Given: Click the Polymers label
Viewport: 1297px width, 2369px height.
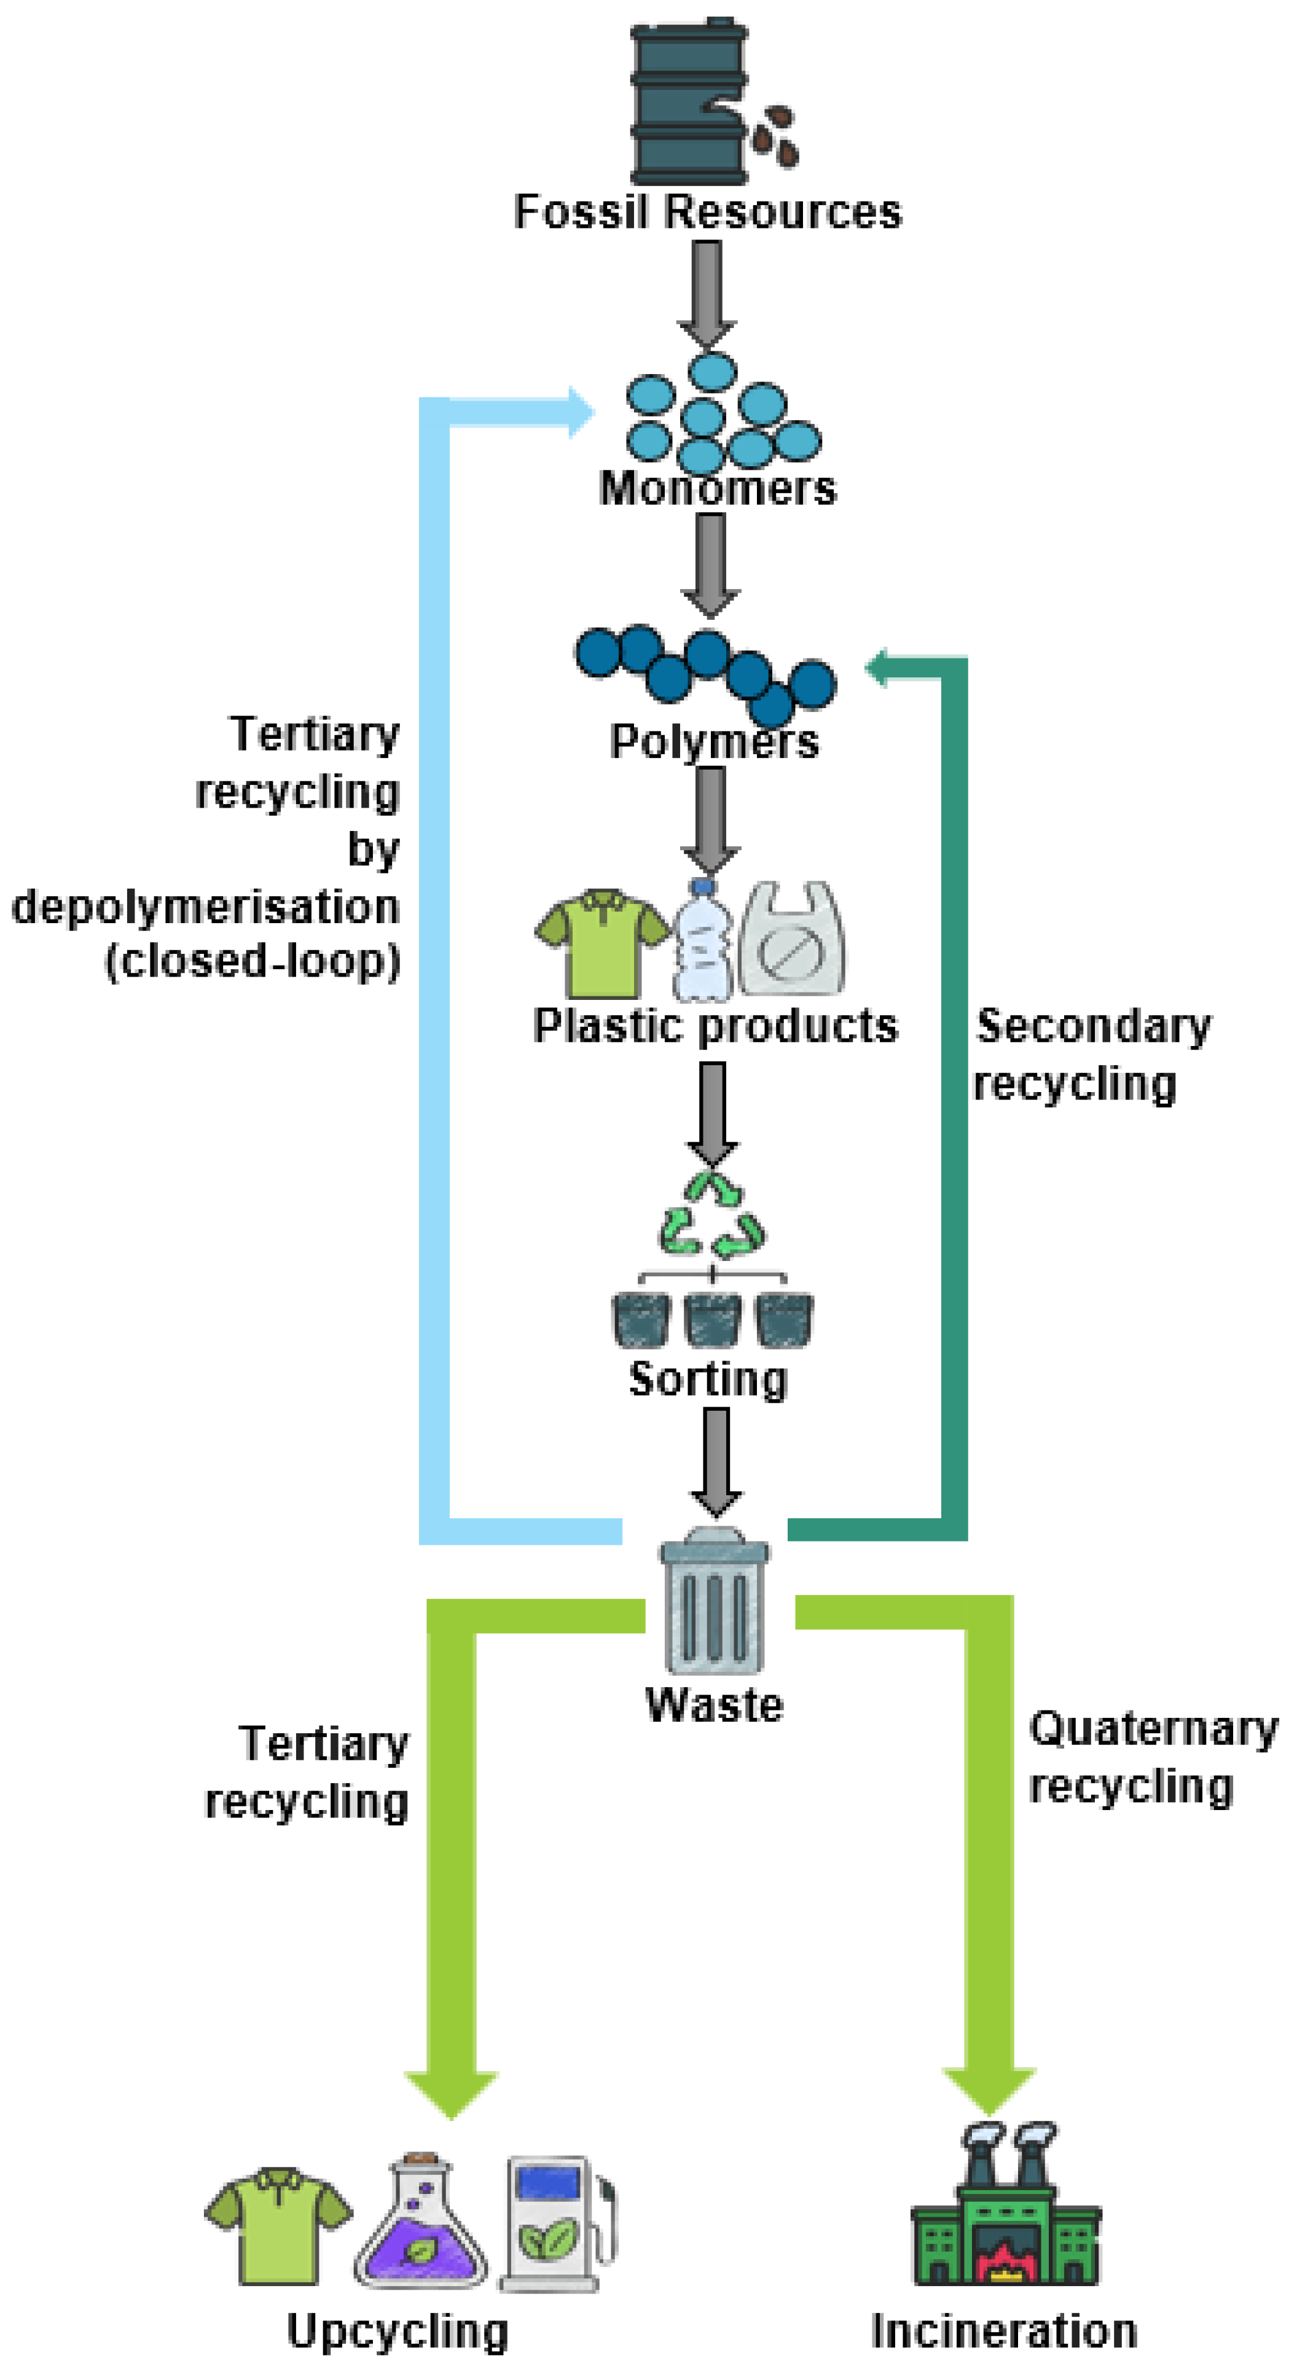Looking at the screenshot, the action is pyautogui.click(x=714, y=741).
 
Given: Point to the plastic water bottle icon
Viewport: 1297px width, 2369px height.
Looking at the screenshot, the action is pyautogui.click(x=703, y=939).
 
